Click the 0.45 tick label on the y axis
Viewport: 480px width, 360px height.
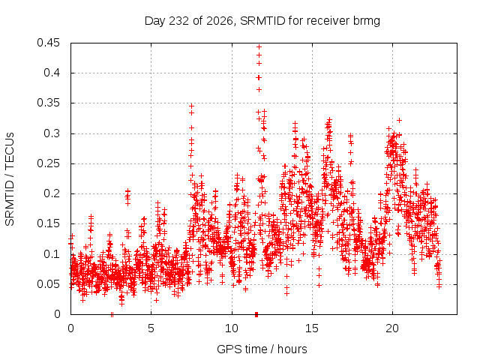[x=48, y=43]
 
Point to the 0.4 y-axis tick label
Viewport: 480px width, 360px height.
[x=52, y=73]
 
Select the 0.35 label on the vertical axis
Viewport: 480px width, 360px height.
[x=48, y=103]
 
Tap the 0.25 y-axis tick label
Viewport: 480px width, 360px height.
[x=48, y=163]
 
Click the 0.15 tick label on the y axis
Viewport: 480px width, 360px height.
[x=48, y=223]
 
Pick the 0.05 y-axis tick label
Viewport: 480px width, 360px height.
[x=48, y=284]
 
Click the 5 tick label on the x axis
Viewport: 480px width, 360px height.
[x=151, y=328]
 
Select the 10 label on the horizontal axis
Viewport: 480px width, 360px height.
[x=232, y=328]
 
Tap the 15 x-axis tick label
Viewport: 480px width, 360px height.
[x=312, y=328]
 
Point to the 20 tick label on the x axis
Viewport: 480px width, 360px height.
[x=392, y=328]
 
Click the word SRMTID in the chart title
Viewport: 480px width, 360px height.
[x=263, y=21]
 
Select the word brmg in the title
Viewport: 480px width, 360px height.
[x=367, y=22]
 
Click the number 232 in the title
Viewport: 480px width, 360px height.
[x=179, y=21]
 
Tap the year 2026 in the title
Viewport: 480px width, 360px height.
[x=220, y=21]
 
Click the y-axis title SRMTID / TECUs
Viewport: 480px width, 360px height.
[x=10, y=179]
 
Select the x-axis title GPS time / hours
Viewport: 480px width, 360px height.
[x=262, y=349]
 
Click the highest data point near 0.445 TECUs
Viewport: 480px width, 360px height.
[x=259, y=46]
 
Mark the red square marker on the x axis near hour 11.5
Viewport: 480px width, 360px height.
[x=256, y=314]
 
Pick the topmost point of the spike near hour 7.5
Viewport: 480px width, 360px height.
[x=192, y=106]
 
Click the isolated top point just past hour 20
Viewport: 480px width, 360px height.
[x=399, y=120]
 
